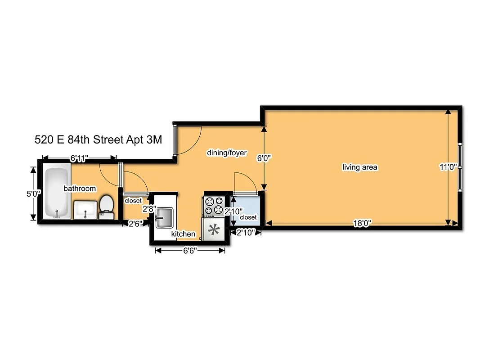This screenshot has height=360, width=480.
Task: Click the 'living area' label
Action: [x=360, y=167]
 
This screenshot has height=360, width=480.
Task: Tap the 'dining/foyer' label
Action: [x=227, y=153]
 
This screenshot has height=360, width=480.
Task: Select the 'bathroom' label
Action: [x=80, y=189]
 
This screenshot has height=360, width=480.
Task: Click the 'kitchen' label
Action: [x=183, y=234]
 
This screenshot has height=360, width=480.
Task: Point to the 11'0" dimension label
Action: [x=448, y=167]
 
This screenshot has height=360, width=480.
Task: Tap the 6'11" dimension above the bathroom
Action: [x=79, y=158]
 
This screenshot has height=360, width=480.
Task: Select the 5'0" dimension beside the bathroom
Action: [x=34, y=194]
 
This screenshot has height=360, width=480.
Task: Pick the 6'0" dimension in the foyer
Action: [x=264, y=158]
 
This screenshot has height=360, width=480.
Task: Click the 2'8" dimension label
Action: [x=149, y=209]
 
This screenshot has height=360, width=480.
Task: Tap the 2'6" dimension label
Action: [x=135, y=224]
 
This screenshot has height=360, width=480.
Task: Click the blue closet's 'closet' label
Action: [x=248, y=217]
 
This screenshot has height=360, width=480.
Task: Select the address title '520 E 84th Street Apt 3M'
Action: [x=98, y=139]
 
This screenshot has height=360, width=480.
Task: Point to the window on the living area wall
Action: [x=459, y=167]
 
